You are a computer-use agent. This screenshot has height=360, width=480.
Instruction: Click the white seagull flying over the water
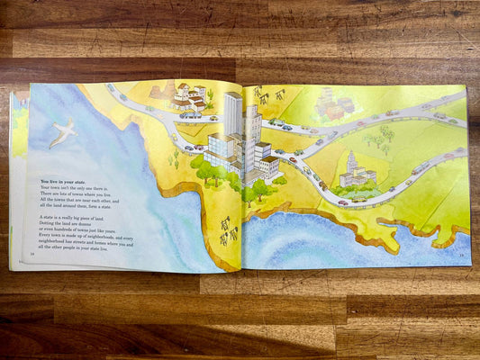[x=62, y=133]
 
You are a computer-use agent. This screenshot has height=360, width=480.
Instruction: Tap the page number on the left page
[x=32, y=255]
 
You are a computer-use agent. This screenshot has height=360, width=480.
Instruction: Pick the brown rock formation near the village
[x=163, y=90]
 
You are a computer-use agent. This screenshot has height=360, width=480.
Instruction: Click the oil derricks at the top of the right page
[x=268, y=94]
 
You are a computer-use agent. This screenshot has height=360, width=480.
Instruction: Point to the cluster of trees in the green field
[x=381, y=138]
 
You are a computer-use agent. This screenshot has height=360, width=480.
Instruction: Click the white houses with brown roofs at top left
[x=188, y=96]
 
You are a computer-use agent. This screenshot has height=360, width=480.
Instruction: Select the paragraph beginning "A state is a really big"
[x=86, y=232]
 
